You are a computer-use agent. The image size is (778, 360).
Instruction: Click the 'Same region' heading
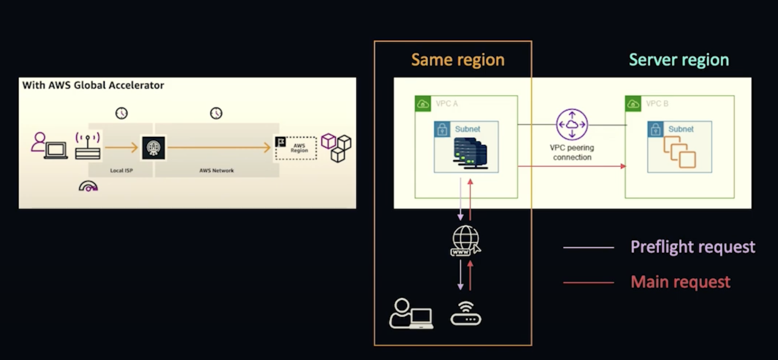(458, 60)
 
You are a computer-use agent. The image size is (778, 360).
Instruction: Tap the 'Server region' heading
(679, 60)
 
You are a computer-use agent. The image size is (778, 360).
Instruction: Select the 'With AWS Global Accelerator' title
(93, 85)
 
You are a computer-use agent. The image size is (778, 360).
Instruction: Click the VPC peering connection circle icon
(572, 124)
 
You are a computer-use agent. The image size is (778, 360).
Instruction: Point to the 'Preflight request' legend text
(693, 247)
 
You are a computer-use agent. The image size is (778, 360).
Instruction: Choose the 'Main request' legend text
(680, 282)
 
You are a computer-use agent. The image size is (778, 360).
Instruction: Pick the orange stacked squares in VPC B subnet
(680, 152)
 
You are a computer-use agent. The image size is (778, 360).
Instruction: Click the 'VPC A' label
(446, 104)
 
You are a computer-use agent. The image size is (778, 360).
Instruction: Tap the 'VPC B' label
(657, 104)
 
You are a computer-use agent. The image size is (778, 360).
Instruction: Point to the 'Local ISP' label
(121, 171)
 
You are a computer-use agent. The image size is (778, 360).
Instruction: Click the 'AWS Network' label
(217, 171)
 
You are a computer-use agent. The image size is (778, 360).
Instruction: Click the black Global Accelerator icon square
(153, 148)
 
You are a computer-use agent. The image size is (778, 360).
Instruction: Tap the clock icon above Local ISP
(122, 113)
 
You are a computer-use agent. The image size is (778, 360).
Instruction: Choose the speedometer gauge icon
(88, 186)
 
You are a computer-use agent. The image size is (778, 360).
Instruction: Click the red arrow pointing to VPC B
(572, 166)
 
